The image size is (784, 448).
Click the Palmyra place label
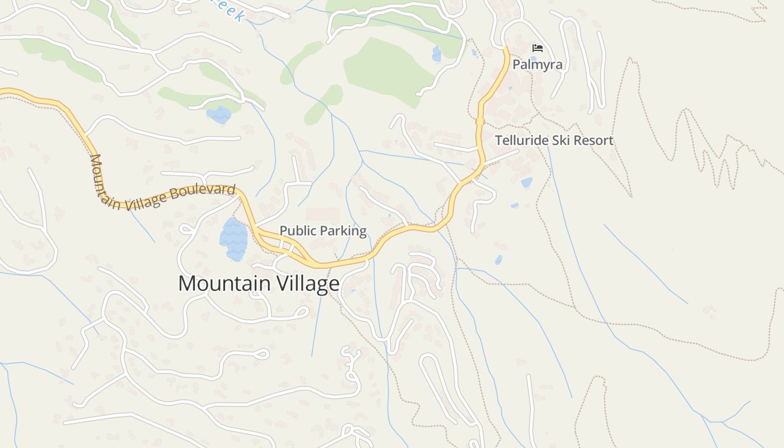click(x=537, y=65)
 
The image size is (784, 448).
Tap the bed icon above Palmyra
click(x=538, y=48)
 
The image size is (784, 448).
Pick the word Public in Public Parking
click(x=296, y=231)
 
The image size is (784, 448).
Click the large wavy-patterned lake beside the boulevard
click(x=234, y=239)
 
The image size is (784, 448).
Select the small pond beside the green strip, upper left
click(x=218, y=115)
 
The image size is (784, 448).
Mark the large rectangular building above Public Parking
click(x=323, y=216)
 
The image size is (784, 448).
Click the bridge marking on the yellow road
click(x=479, y=122)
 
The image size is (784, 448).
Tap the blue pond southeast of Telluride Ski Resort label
click(x=526, y=183)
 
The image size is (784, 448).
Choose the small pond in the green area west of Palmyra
click(x=436, y=54)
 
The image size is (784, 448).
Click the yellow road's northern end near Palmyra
click(x=506, y=50)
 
